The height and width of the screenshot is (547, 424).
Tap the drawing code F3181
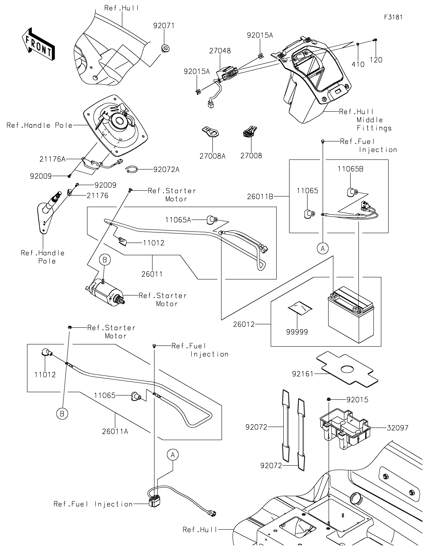pyautogui.click(x=393, y=17)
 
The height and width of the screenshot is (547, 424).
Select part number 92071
pyautogui.click(x=164, y=26)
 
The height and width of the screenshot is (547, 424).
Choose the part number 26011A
pyautogui.click(x=115, y=431)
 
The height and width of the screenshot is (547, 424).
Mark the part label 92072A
pyautogui.click(x=167, y=169)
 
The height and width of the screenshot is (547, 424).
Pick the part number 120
pyautogui.click(x=376, y=60)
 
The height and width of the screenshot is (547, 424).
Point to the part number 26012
pyautogui.click(x=244, y=324)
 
